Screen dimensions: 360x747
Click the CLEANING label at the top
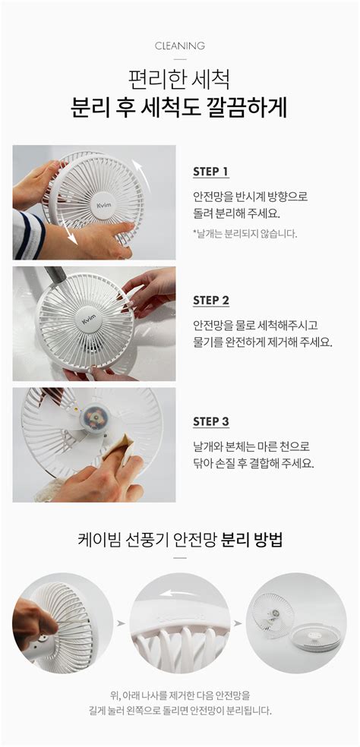(x=180, y=46)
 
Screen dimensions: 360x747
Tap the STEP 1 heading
(x=210, y=172)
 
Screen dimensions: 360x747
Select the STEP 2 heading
(x=210, y=301)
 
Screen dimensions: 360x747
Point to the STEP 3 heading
(x=210, y=421)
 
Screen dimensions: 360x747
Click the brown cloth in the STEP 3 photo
(x=117, y=450)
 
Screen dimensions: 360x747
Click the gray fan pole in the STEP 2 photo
(x=55, y=276)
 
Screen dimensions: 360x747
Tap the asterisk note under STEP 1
(x=245, y=234)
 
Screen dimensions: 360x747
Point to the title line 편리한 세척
(x=180, y=79)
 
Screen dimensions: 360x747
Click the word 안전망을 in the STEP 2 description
(x=210, y=326)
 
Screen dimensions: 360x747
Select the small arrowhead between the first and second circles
(x=121, y=623)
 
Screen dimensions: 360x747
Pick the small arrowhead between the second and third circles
(x=238, y=623)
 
